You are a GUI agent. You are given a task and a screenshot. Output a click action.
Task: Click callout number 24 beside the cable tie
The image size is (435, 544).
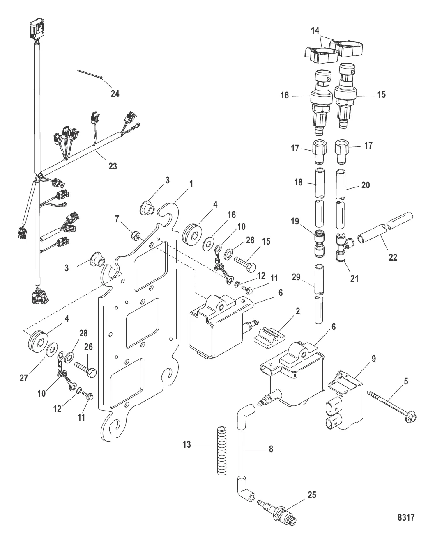point(115,94)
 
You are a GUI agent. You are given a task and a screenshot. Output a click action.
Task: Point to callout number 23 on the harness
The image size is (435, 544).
point(112,166)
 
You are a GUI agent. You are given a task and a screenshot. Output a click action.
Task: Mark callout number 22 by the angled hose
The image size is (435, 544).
point(393,258)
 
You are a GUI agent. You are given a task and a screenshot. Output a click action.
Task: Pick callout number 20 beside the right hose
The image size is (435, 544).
point(365,185)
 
